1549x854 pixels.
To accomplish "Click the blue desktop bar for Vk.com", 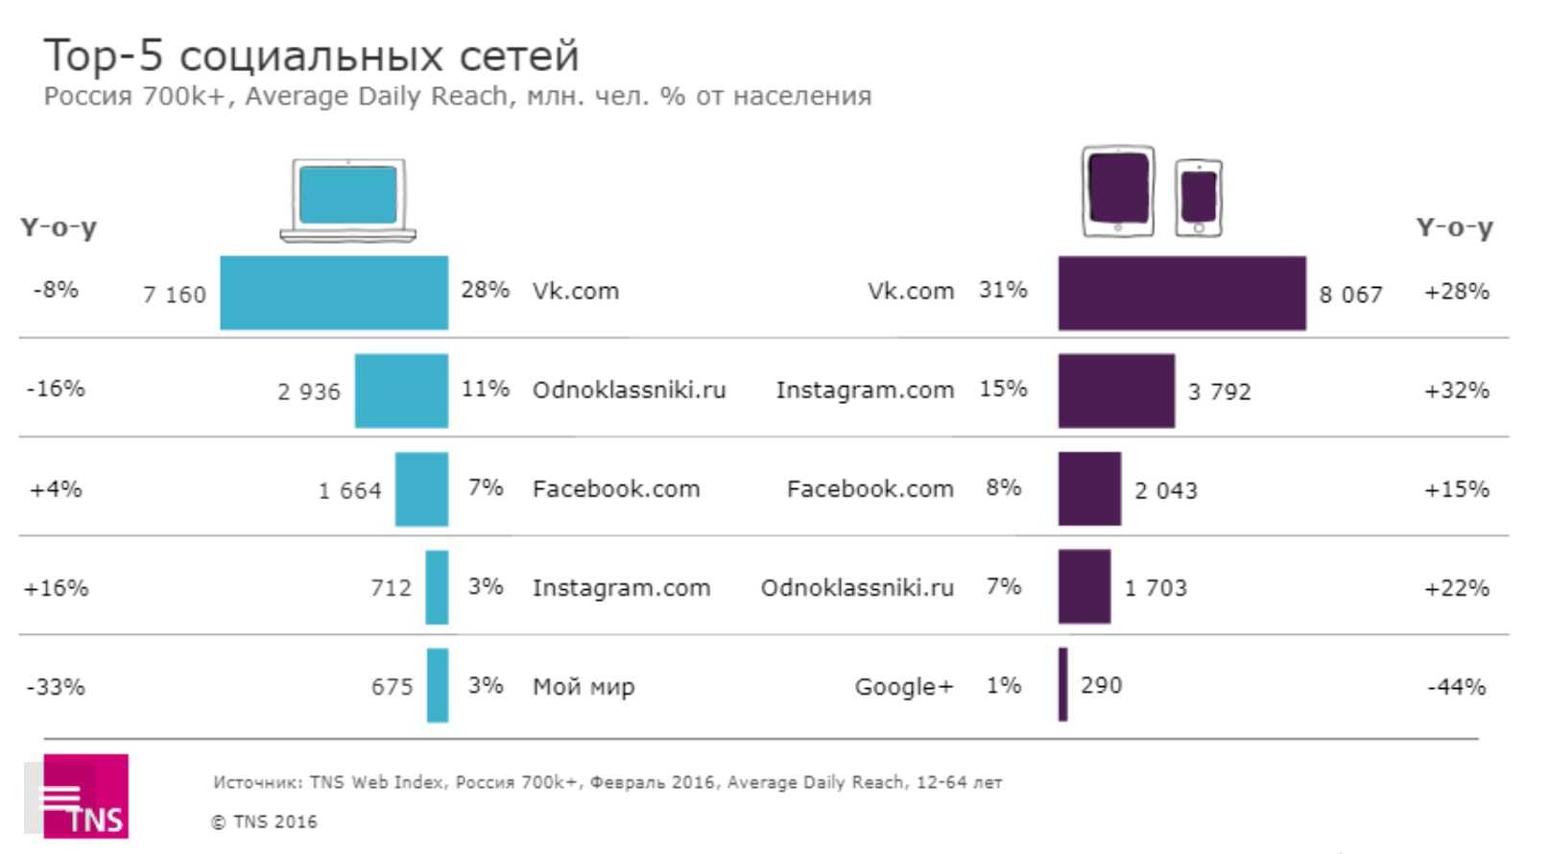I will (333, 293).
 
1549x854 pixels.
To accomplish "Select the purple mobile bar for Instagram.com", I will (1115, 391).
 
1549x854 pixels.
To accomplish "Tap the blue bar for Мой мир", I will (437, 685).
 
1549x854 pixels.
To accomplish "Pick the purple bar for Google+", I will (1062, 684).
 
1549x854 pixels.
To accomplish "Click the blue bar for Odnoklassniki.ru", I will (401, 391).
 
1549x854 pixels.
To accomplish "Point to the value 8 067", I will (1350, 295).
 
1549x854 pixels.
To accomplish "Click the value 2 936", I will (309, 391).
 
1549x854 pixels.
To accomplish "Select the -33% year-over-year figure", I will (56, 687).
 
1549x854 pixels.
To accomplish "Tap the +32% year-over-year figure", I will (1456, 391).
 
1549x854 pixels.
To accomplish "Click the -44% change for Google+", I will (1456, 687).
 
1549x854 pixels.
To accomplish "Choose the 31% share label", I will (1003, 290).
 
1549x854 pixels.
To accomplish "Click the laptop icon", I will (348, 200).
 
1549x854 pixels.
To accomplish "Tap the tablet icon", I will (1118, 191).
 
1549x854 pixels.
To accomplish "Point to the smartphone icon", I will (1199, 198).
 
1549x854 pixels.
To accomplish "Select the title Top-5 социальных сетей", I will (312, 56).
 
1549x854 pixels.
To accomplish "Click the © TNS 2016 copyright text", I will (264, 821).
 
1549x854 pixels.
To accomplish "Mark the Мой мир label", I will (584, 687).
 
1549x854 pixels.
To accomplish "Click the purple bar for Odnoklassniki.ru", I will (1084, 586).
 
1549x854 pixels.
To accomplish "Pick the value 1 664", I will (350, 490).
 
